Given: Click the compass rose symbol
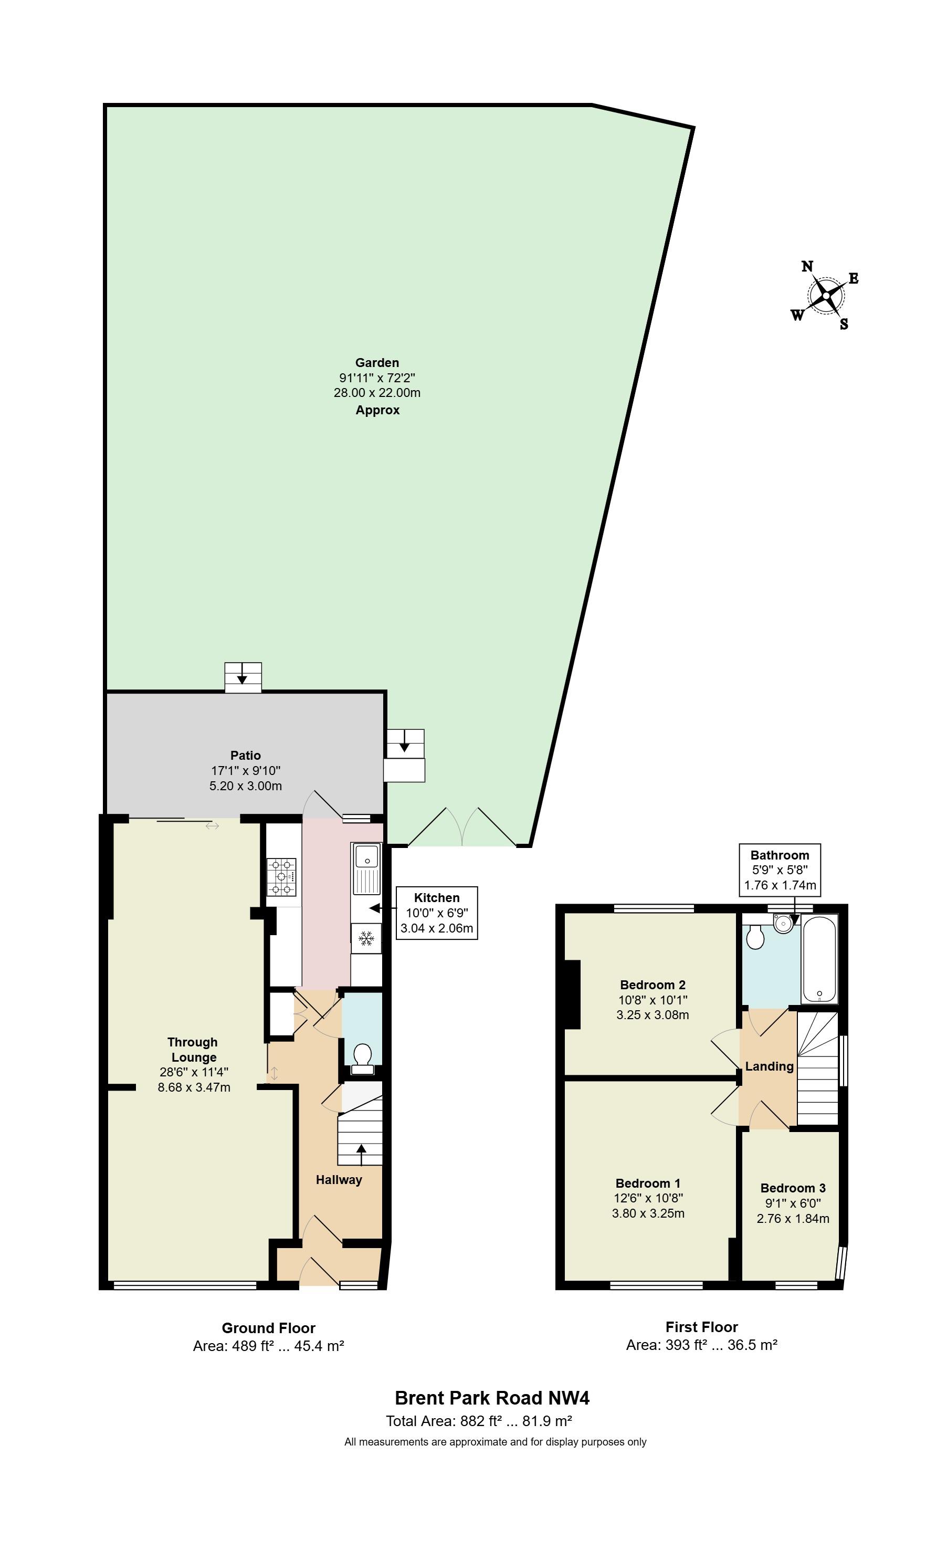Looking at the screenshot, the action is pyautogui.click(x=825, y=295).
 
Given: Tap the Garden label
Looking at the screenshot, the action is pyautogui.click(x=377, y=362).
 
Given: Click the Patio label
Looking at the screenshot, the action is pyautogui.click(x=245, y=756).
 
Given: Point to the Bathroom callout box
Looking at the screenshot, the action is pyautogui.click(x=780, y=870).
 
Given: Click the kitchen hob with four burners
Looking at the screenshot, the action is pyautogui.click(x=281, y=877).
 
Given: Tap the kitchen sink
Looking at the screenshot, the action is pyautogui.click(x=366, y=868).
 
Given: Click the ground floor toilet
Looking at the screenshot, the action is pyautogui.click(x=362, y=1059).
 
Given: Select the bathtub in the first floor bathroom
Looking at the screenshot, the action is pyautogui.click(x=819, y=959).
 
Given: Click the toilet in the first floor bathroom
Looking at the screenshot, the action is pyautogui.click(x=754, y=936).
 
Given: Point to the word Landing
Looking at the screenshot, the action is pyautogui.click(x=769, y=1066).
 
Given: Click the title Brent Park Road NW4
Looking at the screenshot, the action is pyautogui.click(x=492, y=1398).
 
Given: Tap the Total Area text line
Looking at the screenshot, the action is pyautogui.click(x=479, y=1421).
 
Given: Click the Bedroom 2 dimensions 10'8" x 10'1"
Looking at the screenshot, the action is pyautogui.click(x=653, y=1000).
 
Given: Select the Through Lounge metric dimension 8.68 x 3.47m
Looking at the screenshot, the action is pyautogui.click(x=194, y=1087).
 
